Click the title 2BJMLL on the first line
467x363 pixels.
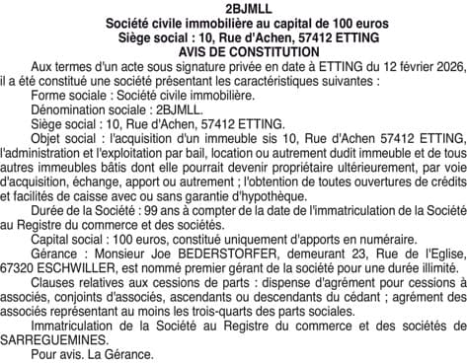[233, 7]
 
